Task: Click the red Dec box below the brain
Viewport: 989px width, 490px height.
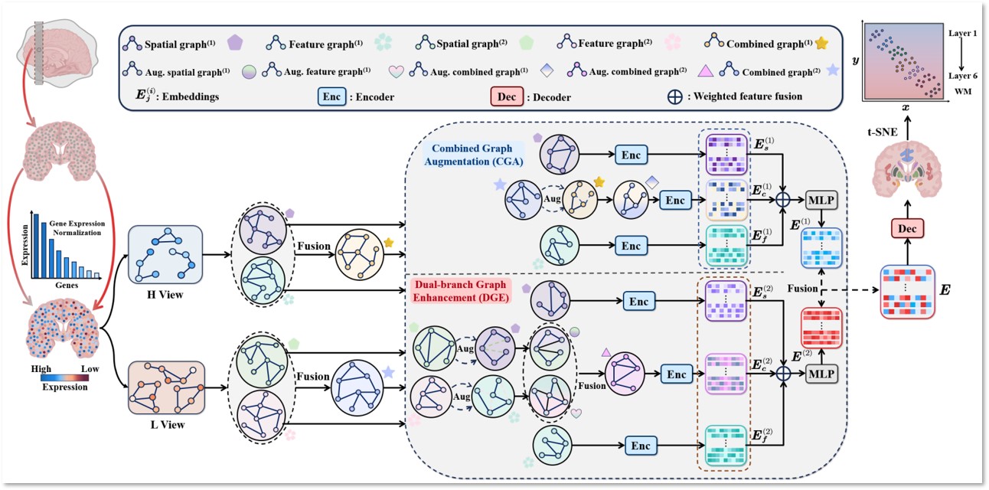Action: [909, 228]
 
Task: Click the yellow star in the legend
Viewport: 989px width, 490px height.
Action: [821, 43]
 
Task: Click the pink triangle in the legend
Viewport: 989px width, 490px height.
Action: [707, 71]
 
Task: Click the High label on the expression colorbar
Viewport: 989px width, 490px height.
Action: [40, 367]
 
